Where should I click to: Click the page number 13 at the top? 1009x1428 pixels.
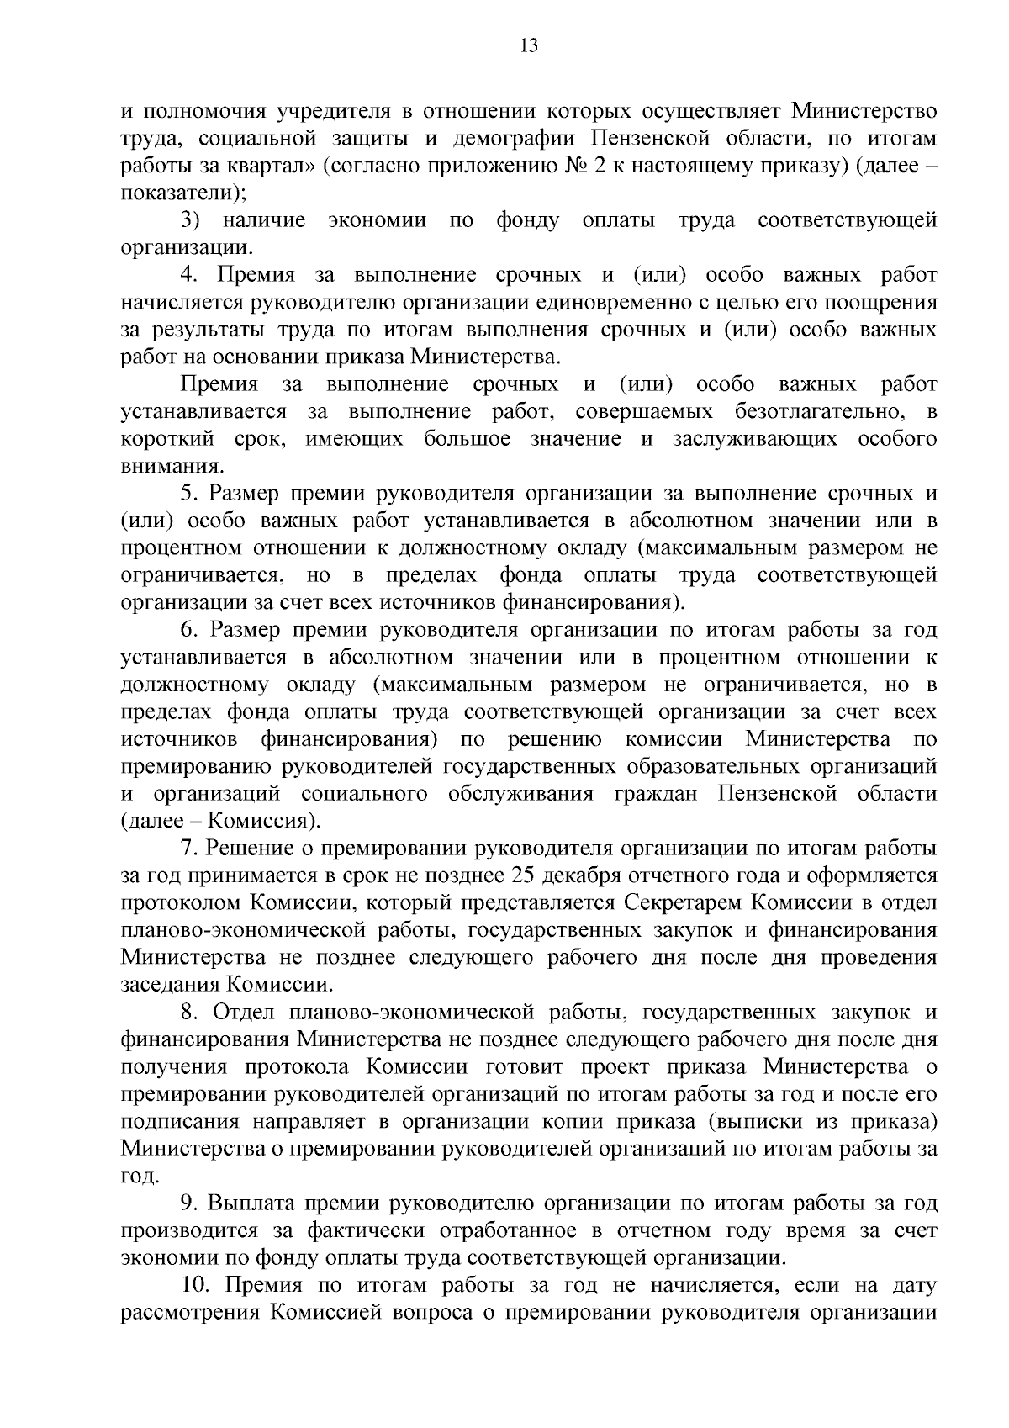point(529,46)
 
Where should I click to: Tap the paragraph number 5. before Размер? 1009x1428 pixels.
point(188,494)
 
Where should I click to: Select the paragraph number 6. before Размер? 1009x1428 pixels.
point(188,630)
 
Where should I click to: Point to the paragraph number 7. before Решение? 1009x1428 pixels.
point(188,849)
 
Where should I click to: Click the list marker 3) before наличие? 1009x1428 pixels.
point(190,220)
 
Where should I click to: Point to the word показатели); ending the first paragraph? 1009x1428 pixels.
point(183,193)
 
